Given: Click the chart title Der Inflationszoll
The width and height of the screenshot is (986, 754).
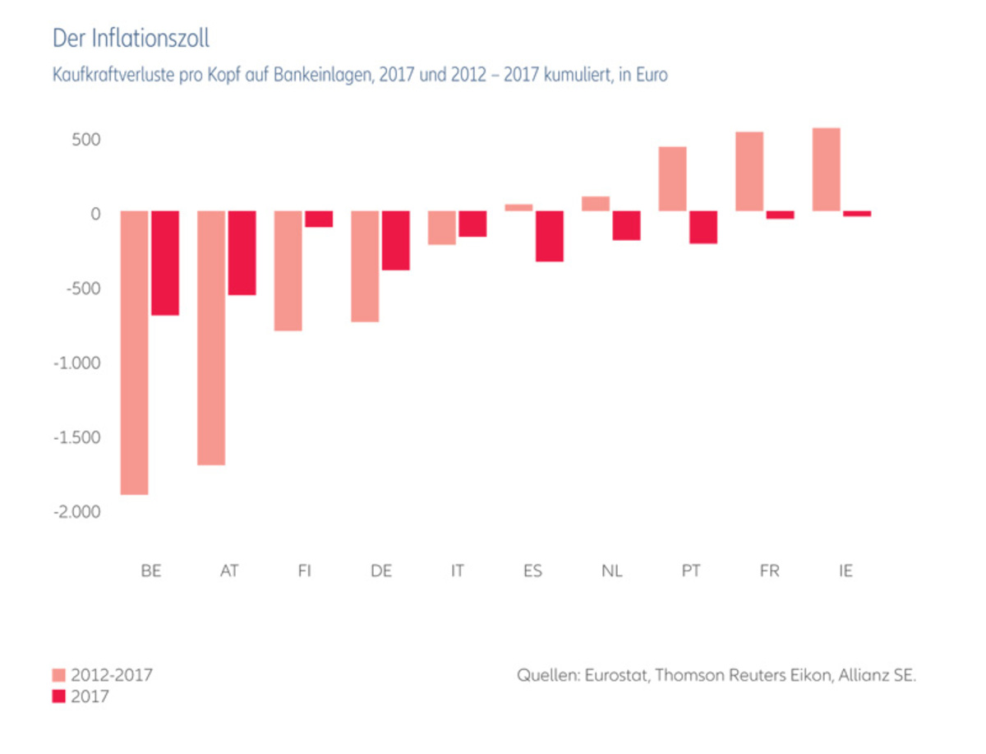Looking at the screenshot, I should [x=131, y=39].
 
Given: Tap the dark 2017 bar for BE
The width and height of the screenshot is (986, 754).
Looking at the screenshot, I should [x=165, y=263].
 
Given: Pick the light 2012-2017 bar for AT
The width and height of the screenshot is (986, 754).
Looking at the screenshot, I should [x=211, y=337].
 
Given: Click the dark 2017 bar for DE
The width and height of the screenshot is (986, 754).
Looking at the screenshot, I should [x=395, y=240].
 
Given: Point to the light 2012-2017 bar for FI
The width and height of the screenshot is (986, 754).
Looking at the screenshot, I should [x=288, y=271].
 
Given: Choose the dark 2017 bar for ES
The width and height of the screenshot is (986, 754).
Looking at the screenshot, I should [x=550, y=236].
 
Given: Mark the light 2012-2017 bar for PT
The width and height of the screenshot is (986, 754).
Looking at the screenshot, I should [x=672, y=178].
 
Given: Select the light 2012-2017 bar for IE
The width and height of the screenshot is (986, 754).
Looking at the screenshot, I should [x=826, y=169].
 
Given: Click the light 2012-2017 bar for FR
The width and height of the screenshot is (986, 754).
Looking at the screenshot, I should [x=749, y=171].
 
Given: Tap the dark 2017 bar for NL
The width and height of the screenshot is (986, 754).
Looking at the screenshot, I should [x=626, y=225].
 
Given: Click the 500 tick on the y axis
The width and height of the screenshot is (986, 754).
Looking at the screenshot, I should [x=85, y=139].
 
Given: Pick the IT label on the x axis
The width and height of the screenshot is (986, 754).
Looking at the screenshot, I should [x=457, y=571].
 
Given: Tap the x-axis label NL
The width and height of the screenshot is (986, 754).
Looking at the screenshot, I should [x=611, y=571].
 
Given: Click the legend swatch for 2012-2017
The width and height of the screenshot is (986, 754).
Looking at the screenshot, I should [x=58, y=676].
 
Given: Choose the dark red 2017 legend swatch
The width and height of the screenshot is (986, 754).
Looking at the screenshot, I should [x=58, y=696].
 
